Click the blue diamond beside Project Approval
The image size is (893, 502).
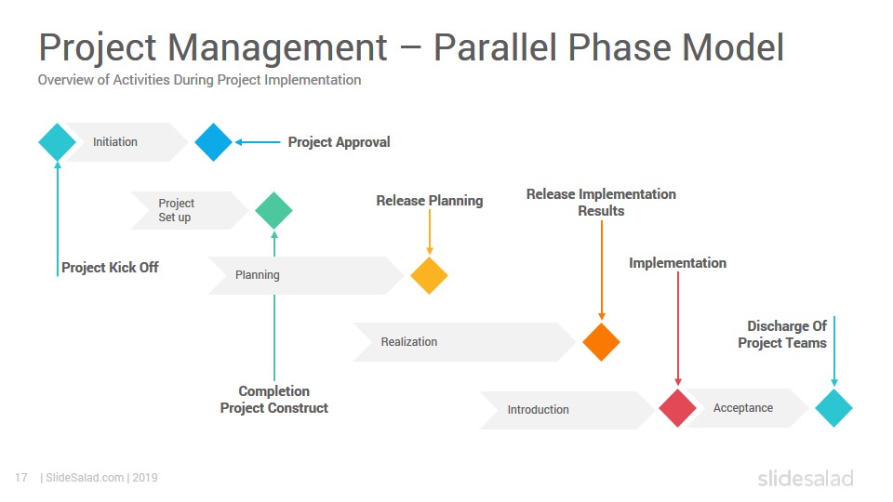point(214,142)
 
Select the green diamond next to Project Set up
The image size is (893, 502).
point(273,211)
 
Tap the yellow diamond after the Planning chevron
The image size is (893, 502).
point(430,275)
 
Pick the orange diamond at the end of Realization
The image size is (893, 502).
point(602,342)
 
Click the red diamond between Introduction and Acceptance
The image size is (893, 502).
point(678,408)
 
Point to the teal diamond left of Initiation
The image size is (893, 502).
point(57,142)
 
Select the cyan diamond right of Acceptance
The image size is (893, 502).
point(833,408)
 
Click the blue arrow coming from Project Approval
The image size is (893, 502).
point(258,142)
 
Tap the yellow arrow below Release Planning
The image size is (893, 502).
point(430,232)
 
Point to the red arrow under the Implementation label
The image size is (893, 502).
point(678,329)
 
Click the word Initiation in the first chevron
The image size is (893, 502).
point(115,141)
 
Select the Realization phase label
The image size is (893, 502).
point(409,341)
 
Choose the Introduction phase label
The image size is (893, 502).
point(539,409)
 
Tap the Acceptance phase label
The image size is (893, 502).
point(743,407)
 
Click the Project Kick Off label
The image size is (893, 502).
point(110,268)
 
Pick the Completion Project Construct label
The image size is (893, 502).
point(273,400)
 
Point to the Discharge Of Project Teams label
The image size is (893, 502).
point(782,334)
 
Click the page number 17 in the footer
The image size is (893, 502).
point(21,478)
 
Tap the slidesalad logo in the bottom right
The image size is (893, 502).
point(806,478)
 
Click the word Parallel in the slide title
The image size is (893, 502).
point(496,46)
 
